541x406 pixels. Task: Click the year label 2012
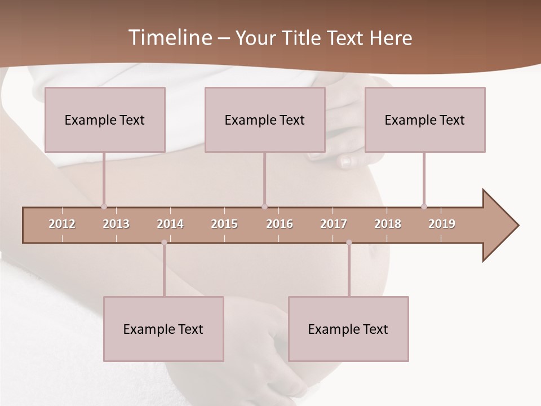coord(62,224)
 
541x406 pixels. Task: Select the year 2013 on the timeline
coord(116,224)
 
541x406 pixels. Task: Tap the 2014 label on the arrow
coord(170,224)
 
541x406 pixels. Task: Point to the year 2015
coord(224,224)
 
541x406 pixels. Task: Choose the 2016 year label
coord(280,224)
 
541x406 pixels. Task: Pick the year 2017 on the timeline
coord(334,224)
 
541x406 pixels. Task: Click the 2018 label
coord(388,224)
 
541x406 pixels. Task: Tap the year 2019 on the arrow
coord(442,224)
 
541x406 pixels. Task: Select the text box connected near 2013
coord(105,120)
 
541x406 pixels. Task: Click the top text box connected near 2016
coord(265,120)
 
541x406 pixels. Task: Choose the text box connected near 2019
coord(425,120)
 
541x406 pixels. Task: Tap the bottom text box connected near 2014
coord(163,329)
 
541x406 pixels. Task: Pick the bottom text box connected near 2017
coord(348,329)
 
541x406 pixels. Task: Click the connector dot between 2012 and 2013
coord(104,207)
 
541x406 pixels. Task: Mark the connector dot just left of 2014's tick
coord(164,242)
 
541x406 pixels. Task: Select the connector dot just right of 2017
coord(349,242)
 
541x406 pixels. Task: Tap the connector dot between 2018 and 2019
coord(424,206)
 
